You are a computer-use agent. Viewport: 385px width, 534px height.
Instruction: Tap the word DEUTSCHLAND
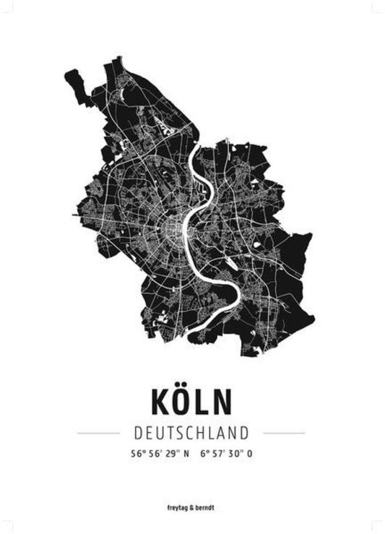(x=191, y=433)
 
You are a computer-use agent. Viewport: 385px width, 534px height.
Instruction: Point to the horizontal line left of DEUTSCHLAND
(x=98, y=433)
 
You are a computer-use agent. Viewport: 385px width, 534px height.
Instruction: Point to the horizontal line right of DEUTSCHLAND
(x=284, y=433)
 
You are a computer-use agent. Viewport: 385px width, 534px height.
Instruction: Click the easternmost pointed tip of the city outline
(x=313, y=234)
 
